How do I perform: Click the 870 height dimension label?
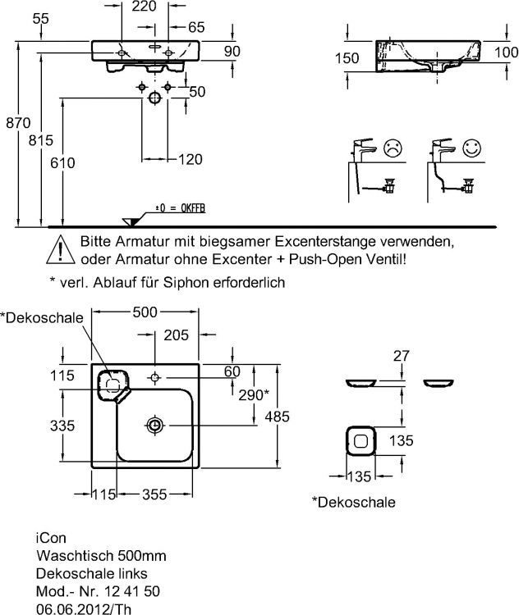[x=18, y=123]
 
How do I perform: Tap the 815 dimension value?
[x=41, y=140]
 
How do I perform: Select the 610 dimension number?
[x=62, y=163]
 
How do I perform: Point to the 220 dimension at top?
[x=145, y=7]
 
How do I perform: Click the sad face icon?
[x=393, y=148]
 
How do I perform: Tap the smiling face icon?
[x=471, y=148]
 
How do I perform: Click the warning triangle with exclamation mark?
[x=61, y=249]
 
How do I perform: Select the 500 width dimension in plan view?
[x=145, y=312]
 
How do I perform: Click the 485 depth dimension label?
[x=277, y=417]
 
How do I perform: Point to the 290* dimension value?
[x=254, y=395]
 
